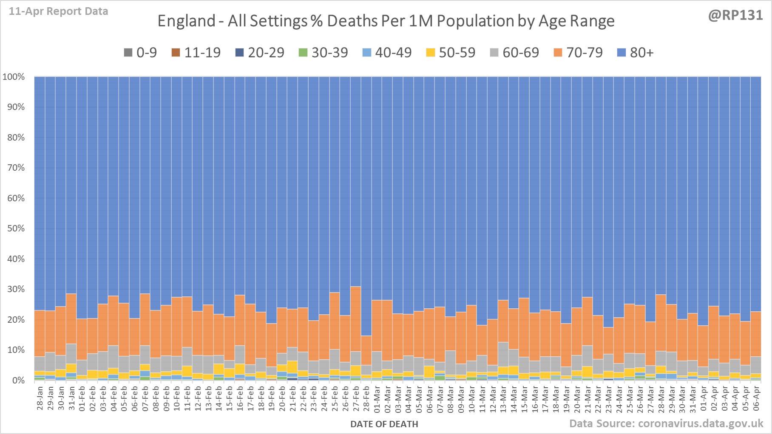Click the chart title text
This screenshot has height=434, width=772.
coord(386,21)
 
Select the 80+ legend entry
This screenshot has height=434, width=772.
coord(635,53)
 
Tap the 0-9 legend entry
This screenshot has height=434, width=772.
coord(140,53)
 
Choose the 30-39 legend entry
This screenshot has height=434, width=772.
coord(324,53)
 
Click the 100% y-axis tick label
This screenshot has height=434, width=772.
coord(14,77)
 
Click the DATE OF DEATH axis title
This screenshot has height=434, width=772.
coord(384,424)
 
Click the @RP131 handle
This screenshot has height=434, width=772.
coord(735,15)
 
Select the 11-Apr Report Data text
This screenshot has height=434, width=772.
coord(58,11)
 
